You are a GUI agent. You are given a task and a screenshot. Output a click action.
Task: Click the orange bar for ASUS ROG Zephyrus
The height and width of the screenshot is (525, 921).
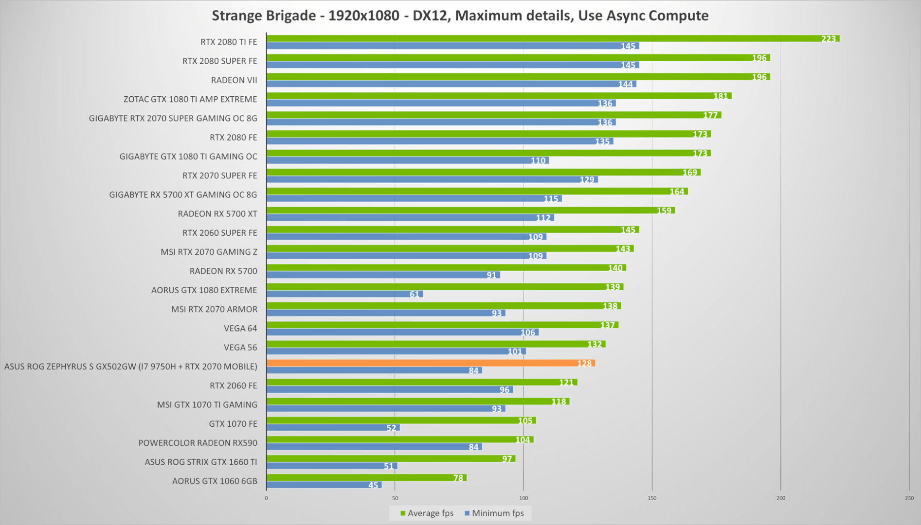[x=431, y=363]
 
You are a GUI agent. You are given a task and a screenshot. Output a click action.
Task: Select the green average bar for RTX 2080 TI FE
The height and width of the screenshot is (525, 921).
[x=553, y=38]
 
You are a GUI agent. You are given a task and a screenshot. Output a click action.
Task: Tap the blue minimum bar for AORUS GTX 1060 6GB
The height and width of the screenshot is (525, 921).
[x=324, y=485]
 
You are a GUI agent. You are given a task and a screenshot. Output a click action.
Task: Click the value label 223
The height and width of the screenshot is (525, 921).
[x=829, y=39]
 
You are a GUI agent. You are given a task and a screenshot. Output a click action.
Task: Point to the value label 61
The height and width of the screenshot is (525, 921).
[x=415, y=294]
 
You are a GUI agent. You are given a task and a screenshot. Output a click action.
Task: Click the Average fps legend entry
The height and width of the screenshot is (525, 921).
[x=427, y=513]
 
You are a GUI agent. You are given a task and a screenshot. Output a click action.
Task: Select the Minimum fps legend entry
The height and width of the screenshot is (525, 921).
[x=494, y=513]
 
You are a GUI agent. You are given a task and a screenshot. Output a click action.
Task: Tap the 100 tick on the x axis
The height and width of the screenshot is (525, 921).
[x=524, y=498]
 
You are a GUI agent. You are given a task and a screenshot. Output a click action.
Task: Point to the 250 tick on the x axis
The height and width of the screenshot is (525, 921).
[x=909, y=498]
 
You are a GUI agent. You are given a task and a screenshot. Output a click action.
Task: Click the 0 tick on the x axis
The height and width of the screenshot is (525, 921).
[x=266, y=498]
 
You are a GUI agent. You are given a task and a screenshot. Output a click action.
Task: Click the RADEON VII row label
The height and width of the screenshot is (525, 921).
[x=234, y=80]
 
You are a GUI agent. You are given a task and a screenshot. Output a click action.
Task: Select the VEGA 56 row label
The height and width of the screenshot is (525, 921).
[x=240, y=348]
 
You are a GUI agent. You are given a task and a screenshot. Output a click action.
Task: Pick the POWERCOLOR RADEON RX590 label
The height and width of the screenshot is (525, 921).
[x=198, y=443]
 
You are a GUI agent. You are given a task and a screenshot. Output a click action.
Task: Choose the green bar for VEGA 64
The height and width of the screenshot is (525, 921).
[x=442, y=325]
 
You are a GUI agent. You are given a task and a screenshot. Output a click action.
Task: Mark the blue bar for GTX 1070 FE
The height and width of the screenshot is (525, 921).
[x=333, y=428]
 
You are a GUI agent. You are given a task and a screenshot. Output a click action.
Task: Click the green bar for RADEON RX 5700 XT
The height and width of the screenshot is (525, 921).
[x=470, y=210]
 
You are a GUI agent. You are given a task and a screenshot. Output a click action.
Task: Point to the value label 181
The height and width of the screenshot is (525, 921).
[x=721, y=96]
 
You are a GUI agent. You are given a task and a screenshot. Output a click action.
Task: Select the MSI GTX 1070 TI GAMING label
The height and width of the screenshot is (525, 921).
[x=207, y=405]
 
